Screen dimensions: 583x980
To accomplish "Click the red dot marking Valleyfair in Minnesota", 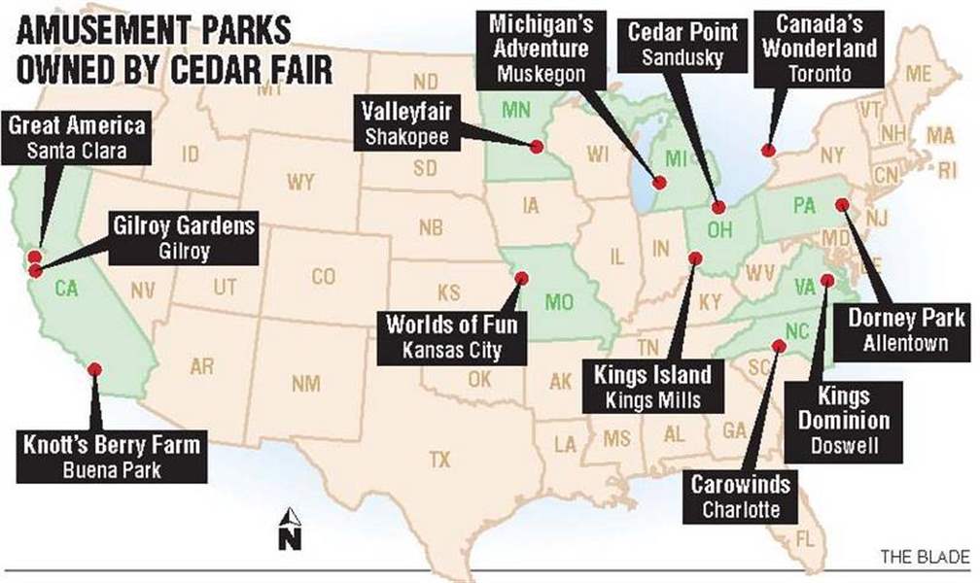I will tap(536, 147).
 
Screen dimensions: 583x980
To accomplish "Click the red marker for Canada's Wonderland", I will tap(767, 151).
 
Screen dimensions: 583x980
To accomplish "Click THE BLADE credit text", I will tap(924, 557).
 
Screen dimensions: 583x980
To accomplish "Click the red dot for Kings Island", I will tap(695, 257).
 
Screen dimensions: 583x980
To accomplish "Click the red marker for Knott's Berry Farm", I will tap(95, 368).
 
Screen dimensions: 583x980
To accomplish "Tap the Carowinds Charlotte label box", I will tap(741, 495).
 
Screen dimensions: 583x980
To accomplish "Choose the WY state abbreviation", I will tap(299, 182).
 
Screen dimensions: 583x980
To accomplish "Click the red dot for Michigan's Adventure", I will tap(658, 182).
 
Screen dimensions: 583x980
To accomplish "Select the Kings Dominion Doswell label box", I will tap(842, 420).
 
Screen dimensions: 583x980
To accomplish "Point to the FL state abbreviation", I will tap(804, 537).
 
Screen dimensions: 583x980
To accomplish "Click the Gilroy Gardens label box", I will tap(184, 237).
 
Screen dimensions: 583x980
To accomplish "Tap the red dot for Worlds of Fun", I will tap(521, 278).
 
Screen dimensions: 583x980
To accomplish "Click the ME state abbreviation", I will tap(918, 74).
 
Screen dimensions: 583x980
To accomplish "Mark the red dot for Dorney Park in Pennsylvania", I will tap(841, 204).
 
